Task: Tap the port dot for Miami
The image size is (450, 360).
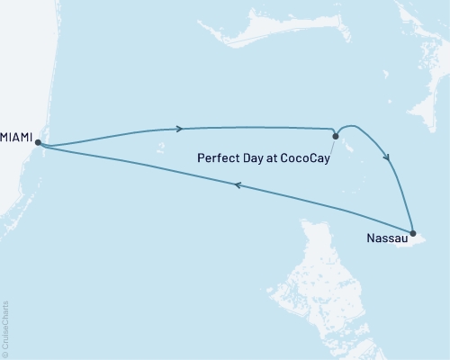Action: coord(39,141)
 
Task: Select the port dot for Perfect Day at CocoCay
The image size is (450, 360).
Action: coord(336,137)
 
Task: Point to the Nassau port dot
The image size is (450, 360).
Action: coord(412,233)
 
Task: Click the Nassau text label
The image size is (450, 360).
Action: coord(387,239)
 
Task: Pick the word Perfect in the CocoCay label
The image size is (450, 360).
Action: coord(217,158)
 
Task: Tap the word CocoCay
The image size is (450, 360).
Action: coord(304,158)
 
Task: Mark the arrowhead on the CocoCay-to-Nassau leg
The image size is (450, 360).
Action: coord(389,157)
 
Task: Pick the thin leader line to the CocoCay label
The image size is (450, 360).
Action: coord(332,147)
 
